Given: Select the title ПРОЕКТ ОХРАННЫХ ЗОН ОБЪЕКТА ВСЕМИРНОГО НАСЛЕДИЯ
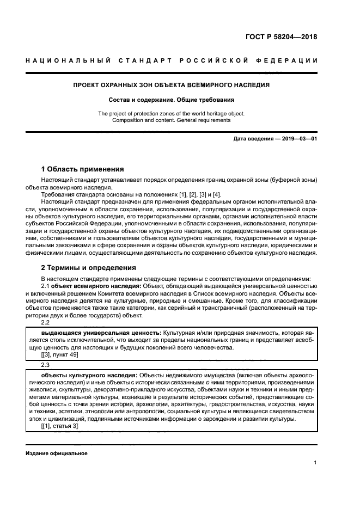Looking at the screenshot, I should pyautogui.click(x=172, y=85).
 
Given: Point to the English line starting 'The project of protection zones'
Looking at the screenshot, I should pyautogui.click(x=172, y=113).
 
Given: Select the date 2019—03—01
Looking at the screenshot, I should pyautogui.click(x=298, y=139).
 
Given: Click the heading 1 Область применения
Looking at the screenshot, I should pyautogui.click(x=83, y=169).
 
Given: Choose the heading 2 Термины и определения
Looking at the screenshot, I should pyautogui.click(x=85, y=267).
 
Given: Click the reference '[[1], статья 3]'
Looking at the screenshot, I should pyautogui.click(x=59, y=426).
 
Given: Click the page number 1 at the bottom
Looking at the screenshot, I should pyautogui.click(x=315, y=463).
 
